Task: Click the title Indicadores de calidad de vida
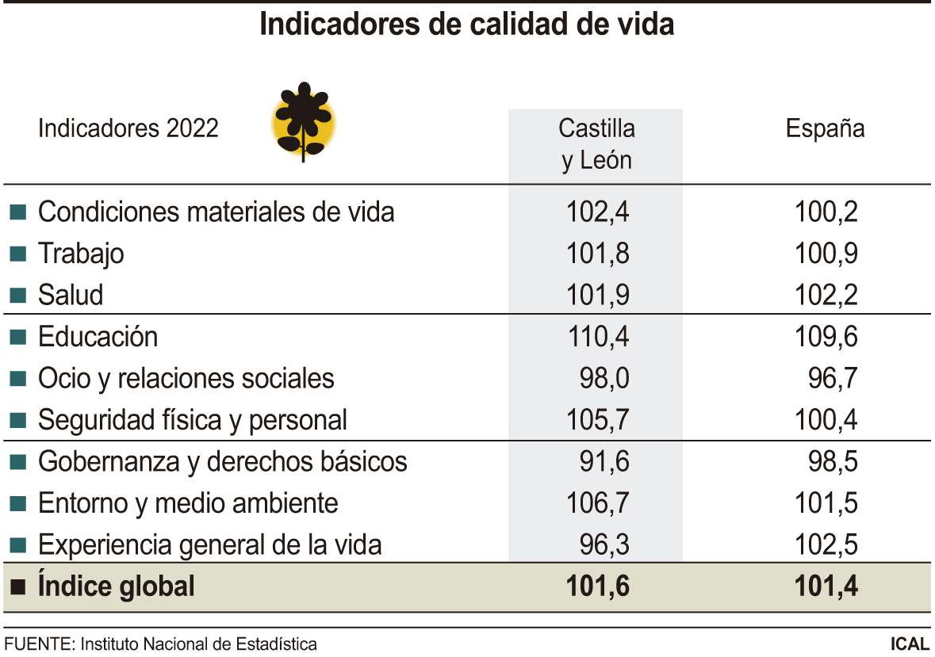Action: pos(466,25)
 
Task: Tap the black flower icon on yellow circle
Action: pos(304,121)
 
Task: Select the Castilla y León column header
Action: pos(596,143)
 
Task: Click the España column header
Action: pos(825,128)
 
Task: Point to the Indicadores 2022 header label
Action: pos(128,128)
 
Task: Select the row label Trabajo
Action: pos(81,254)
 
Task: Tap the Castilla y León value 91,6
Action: pos(604,461)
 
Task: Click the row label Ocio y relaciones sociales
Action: pos(186,378)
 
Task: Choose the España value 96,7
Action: pos(833,378)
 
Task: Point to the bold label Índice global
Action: pos(116,586)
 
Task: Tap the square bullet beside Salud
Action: pos(18,296)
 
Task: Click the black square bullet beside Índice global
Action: pos(18,587)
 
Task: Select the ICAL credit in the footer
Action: pos(910,644)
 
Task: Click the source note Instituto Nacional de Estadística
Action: pos(198,644)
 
